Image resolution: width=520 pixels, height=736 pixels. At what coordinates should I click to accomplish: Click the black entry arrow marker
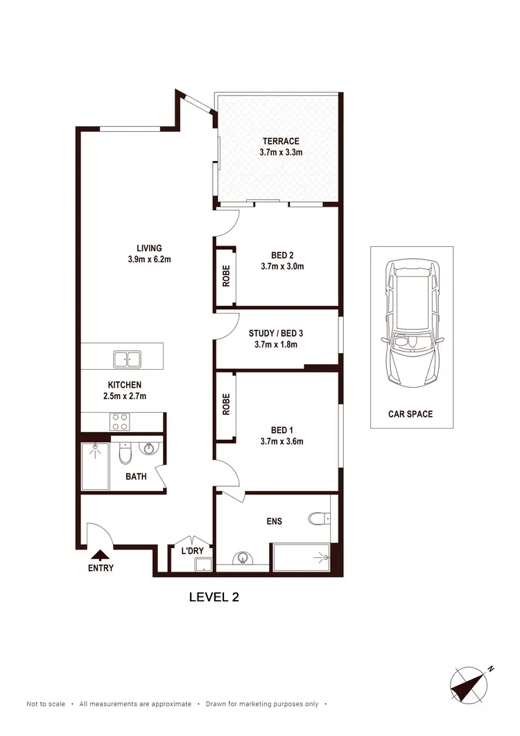101,554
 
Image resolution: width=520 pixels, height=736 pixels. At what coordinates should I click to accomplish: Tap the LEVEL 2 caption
214,597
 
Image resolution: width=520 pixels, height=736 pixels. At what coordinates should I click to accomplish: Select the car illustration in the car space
411,323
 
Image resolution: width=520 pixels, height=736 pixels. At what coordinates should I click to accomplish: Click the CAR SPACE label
410,414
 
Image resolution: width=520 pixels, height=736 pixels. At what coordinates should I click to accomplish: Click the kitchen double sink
127,359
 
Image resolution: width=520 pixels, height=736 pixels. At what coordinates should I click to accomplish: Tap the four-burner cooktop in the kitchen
120,421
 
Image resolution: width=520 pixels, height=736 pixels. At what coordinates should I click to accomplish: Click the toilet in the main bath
125,454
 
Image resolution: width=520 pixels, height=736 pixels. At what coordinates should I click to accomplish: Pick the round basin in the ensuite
243,558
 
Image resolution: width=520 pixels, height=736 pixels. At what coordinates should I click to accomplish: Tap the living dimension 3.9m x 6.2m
149,260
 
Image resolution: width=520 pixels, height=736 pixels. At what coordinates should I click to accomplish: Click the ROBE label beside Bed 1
225,405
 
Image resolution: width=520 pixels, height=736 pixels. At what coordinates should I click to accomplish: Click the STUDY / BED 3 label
276,333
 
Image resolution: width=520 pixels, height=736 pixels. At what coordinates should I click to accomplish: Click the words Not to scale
46,704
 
